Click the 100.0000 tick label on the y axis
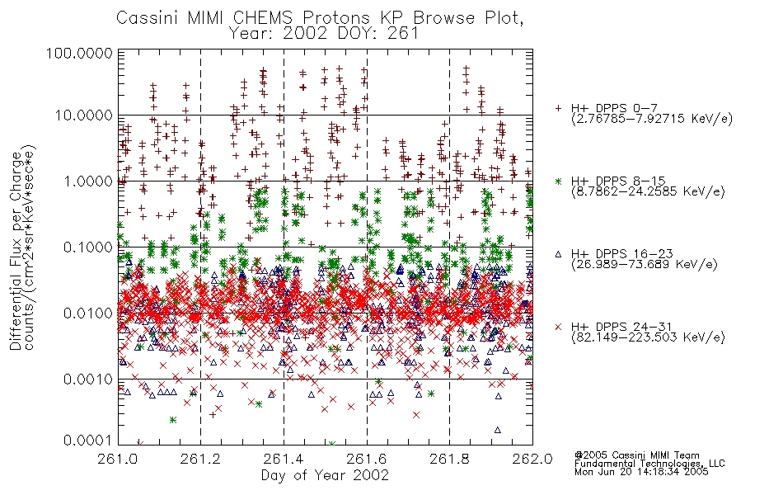79,53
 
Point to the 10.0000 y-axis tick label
84,115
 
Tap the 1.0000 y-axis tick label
88,181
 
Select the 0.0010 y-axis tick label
88,379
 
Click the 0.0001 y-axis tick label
88,441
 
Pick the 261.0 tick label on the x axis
119,459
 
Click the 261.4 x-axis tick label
284,459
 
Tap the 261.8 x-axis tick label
449,459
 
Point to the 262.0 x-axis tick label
532,459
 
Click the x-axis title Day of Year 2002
325,475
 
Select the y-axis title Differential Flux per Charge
16,250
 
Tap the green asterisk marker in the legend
558,181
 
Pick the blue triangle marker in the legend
558,254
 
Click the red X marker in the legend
558,327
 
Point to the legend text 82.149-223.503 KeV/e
648,337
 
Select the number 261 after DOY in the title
404,34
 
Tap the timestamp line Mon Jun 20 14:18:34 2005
642,472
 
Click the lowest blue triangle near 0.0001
497,430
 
